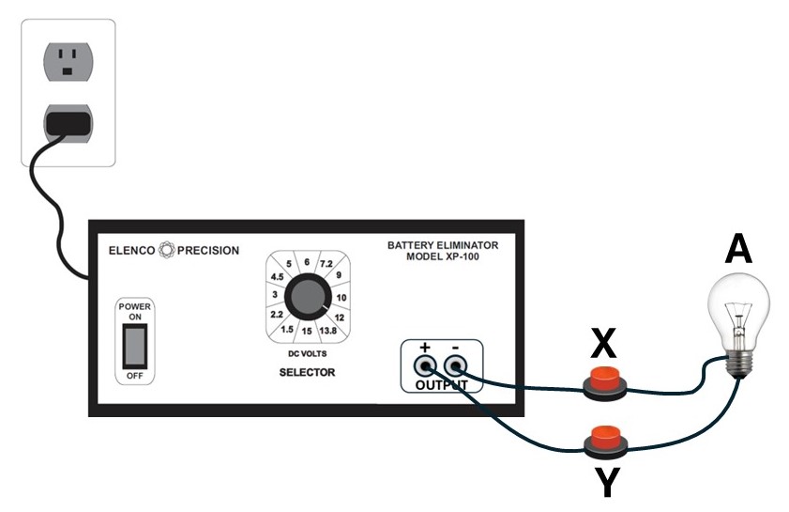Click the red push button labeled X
[606, 381]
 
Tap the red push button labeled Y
[605, 438]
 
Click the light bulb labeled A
[739, 310]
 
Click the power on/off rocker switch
[137, 346]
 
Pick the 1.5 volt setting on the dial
[287, 329]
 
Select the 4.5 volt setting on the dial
[276, 276]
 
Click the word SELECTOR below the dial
[307, 373]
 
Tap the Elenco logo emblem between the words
[169, 251]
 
